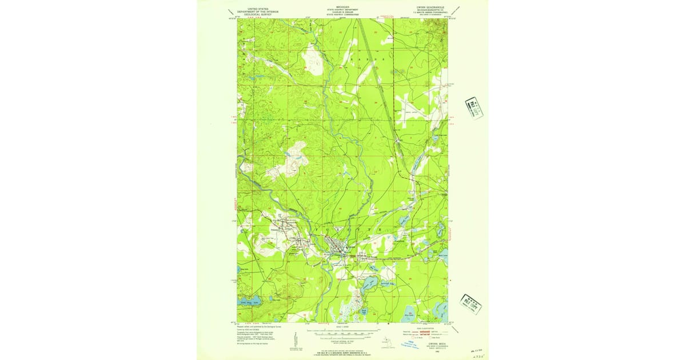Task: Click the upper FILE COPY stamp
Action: click(x=473, y=107)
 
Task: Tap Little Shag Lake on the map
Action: click(x=252, y=297)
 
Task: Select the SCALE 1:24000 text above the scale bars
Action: click(x=343, y=326)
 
